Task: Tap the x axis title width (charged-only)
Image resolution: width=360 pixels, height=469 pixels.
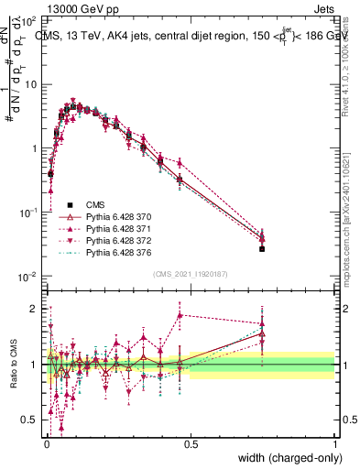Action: (285, 459)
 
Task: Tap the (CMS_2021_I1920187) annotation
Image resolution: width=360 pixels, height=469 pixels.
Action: (190, 274)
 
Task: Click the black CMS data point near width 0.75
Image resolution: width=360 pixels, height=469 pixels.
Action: (262, 248)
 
